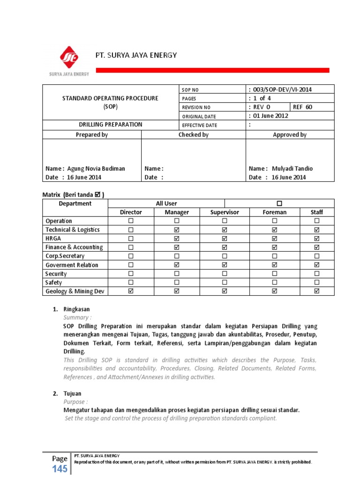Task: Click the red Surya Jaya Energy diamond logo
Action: point(69,58)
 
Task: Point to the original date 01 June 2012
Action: point(270,116)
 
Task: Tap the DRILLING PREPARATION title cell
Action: point(110,125)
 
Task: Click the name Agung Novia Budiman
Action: point(96,168)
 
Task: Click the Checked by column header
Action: point(194,135)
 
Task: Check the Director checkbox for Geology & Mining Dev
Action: point(131,291)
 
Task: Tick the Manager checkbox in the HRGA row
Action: point(177,238)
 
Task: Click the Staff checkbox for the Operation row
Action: point(317,221)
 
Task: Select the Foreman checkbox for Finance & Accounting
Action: point(274,247)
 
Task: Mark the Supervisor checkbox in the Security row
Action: point(225,274)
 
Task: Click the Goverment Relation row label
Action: point(72,265)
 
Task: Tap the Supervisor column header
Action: point(225,212)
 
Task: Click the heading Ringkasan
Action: point(76,309)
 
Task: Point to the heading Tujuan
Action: point(73,393)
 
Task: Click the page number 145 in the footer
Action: point(60,469)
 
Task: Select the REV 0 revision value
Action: point(261,107)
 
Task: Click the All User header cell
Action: point(166,203)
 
